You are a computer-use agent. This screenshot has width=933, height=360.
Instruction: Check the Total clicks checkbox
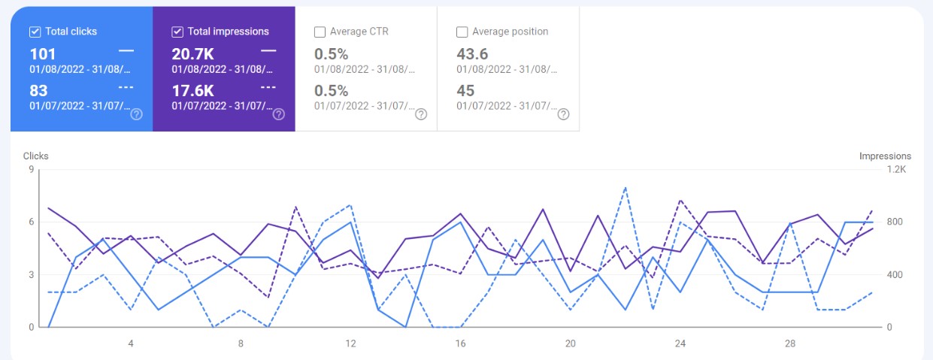[x=35, y=32]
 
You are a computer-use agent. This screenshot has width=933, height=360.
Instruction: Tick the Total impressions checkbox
[x=177, y=32]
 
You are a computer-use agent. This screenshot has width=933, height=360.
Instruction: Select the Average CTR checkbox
[x=320, y=32]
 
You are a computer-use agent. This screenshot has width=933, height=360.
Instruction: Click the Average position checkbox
[x=462, y=32]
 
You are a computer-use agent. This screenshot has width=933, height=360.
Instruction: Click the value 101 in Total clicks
[x=43, y=54]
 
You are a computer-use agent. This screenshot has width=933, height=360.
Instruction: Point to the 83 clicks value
[x=39, y=91]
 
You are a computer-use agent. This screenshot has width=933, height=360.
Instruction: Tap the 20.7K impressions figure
[x=193, y=54]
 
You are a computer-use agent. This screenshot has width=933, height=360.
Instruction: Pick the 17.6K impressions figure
[x=193, y=91]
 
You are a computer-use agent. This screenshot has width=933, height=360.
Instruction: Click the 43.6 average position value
[x=473, y=54]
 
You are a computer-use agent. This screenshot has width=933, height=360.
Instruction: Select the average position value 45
[x=465, y=91]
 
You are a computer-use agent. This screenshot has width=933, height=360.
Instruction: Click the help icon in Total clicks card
[x=136, y=114]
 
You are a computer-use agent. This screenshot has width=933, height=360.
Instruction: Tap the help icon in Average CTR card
[x=421, y=114]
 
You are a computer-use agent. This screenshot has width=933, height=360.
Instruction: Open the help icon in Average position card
[x=563, y=114]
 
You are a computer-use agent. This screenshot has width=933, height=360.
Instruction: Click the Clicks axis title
[x=35, y=156]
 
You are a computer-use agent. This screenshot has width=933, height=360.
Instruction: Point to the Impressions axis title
[x=885, y=156]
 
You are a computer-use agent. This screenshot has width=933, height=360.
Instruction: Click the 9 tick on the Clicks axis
[x=32, y=170]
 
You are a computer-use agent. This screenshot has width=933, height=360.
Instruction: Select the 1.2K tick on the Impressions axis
[x=897, y=170]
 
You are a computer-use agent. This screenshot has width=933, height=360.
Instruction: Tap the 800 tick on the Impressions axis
[x=895, y=222]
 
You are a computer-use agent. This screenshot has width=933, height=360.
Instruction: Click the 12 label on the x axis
[x=350, y=343]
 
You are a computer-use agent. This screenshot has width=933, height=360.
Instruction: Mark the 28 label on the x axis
[x=790, y=343]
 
